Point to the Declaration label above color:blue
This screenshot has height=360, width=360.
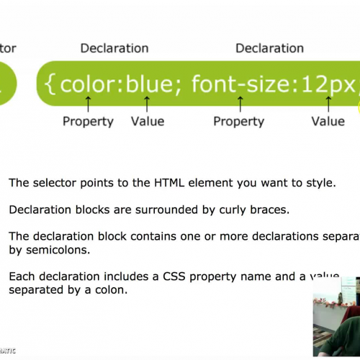(x=114, y=48)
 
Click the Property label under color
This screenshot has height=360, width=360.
(x=88, y=121)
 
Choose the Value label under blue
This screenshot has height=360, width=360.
(x=147, y=121)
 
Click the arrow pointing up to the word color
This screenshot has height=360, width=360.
(x=88, y=104)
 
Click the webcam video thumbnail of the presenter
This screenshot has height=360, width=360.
(x=336, y=317)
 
